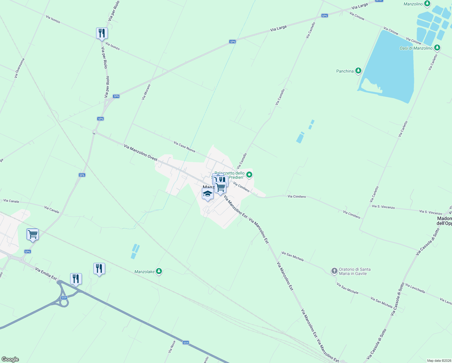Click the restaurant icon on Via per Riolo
pyautogui.click(x=102, y=33)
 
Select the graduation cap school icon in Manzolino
pyautogui.click(x=208, y=194)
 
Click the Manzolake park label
pyautogui.click(x=144, y=272)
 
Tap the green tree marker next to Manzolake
pyautogui.click(x=159, y=271)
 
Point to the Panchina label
pyautogui.click(x=345, y=71)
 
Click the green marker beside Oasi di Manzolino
pyautogui.click(x=437, y=48)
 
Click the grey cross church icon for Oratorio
pyautogui.click(x=334, y=271)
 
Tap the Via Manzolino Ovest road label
pyautogui.click(x=140, y=152)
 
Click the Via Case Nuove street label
pyautogui.click(x=184, y=147)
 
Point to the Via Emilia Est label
pyautogui.click(x=46, y=273)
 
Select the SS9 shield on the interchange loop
pyautogui.click(x=64, y=298)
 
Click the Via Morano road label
pyautogui.click(x=146, y=92)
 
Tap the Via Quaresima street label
pyautogui.click(x=19, y=68)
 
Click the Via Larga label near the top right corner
pyautogui.click(x=360, y=6)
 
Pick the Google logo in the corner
pyautogui.click(x=10, y=359)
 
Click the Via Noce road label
pyautogui.click(x=172, y=347)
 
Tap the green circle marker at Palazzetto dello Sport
pyautogui.click(x=249, y=175)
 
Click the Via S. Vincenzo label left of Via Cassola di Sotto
pyautogui.click(x=383, y=207)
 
